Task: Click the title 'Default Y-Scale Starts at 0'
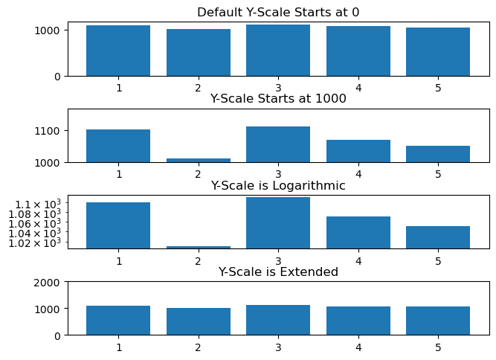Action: pyautogui.click(x=278, y=12)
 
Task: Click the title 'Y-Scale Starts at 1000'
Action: pyautogui.click(x=278, y=98)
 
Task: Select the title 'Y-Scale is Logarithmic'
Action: pyautogui.click(x=278, y=185)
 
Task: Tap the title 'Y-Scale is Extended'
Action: pyautogui.click(x=278, y=271)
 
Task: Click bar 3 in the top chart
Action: pyautogui.click(x=278, y=51)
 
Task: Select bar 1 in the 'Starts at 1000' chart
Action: pyautogui.click(x=118, y=146)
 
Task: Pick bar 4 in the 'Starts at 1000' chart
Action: pyautogui.click(x=358, y=151)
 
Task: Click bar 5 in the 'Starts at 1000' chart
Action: pyautogui.click(x=438, y=154)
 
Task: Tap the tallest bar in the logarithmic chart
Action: pyautogui.click(x=278, y=222)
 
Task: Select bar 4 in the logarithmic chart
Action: pyautogui.click(x=358, y=232)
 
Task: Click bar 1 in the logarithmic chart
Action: pyautogui.click(x=118, y=225)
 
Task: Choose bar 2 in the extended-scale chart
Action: pyautogui.click(x=199, y=321)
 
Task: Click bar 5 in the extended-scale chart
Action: pyautogui.click(x=438, y=321)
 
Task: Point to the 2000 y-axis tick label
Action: pyautogui.click(x=48, y=282)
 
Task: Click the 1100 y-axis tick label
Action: pyautogui.click(x=48, y=131)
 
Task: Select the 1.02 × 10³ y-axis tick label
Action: pyautogui.click(x=36, y=242)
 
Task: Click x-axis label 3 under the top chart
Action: pyautogui.click(x=278, y=88)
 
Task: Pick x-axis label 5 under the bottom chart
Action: pyautogui.click(x=438, y=347)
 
